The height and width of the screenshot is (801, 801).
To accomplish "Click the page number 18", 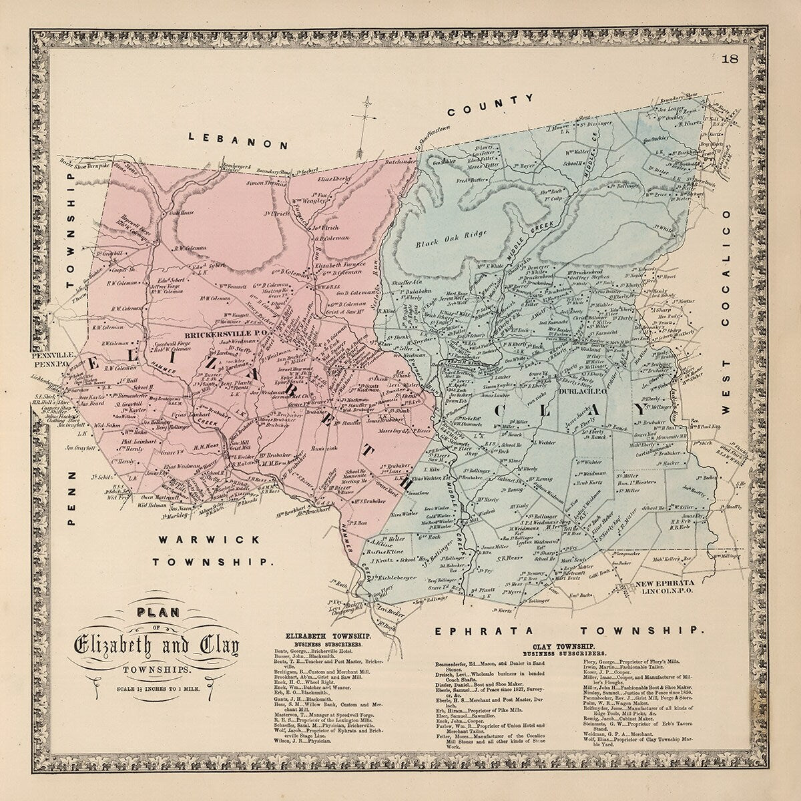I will (730, 58).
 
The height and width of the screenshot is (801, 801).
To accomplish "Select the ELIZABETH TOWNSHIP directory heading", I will (323, 637).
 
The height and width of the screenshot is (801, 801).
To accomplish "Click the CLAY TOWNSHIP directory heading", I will (565, 647).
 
